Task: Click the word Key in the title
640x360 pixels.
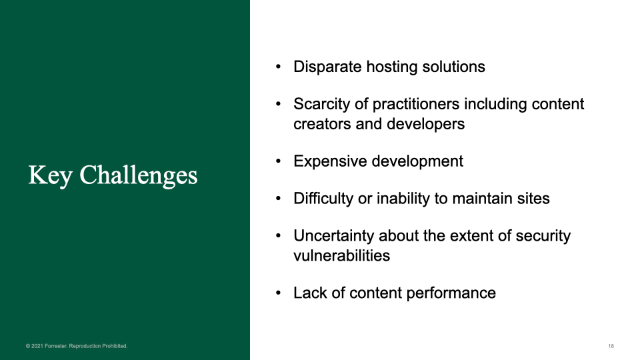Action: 51,175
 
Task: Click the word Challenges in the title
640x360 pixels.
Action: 139,175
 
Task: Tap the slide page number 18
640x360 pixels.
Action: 611,346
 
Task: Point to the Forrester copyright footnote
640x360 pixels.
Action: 77,346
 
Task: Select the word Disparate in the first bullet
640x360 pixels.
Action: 327,67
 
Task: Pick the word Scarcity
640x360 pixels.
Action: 321,104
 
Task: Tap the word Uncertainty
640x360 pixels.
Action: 334,235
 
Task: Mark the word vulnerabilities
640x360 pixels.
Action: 341,256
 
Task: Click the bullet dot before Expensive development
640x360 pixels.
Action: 279,161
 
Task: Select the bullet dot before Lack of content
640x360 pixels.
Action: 279,293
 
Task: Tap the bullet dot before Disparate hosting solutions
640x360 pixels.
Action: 279,67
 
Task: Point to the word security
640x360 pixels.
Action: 543,235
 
